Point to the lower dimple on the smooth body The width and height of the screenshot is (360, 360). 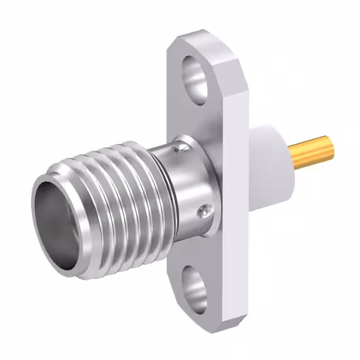tap(203, 212)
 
